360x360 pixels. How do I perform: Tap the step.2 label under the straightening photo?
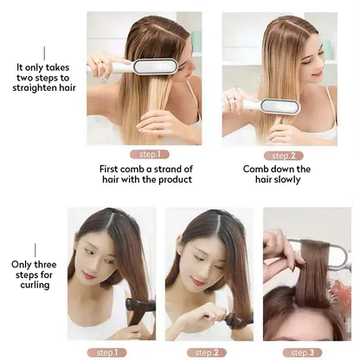279,155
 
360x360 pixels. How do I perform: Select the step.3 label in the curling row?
303,353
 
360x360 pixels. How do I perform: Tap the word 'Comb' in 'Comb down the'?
255,169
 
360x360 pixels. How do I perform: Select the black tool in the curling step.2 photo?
235,319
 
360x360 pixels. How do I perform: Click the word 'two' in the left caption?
26,77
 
